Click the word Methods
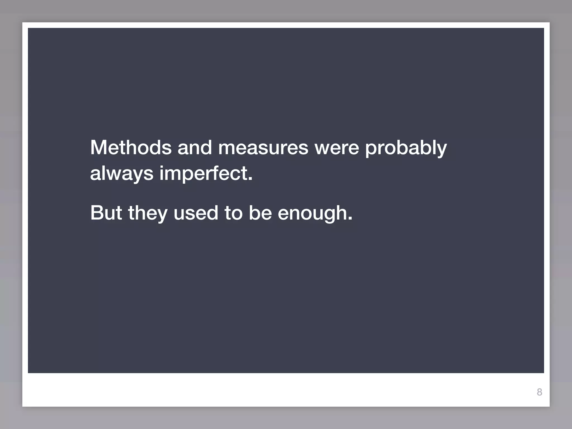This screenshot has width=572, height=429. [131, 147]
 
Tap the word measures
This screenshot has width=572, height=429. [263, 147]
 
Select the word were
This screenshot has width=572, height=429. [337, 147]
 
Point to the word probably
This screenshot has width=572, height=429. [406, 148]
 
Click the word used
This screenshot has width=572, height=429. [196, 213]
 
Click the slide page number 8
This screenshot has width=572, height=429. [539, 392]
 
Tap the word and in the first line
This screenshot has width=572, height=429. [195, 147]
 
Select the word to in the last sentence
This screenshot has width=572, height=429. [233, 213]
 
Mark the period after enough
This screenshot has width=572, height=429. [350, 219]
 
